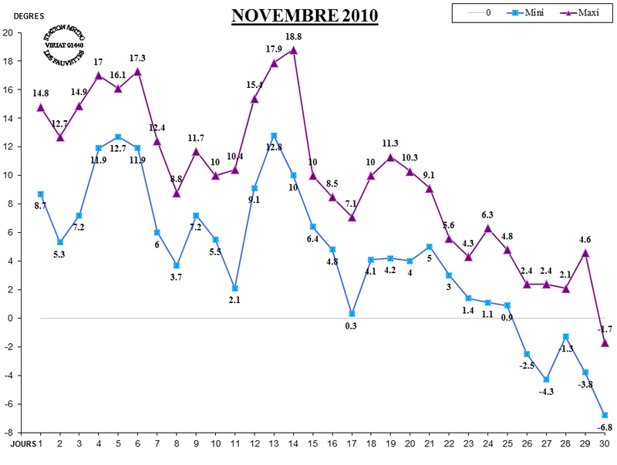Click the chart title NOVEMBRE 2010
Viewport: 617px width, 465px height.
pyautogui.click(x=305, y=16)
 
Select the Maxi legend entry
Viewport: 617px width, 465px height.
pyautogui.click(x=561, y=13)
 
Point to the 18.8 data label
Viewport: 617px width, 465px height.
pyautogui.click(x=293, y=37)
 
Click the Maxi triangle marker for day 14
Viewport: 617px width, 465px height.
pyautogui.click(x=293, y=50)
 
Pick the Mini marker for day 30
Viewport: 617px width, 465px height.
pyautogui.click(x=605, y=415)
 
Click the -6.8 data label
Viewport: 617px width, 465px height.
pyautogui.click(x=605, y=427)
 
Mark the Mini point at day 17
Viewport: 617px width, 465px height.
pyautogui.click(x=352, y=314)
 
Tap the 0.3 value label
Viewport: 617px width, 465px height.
pyautogui.click(x=352, y=326)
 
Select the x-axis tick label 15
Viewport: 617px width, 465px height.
pyautogui.click(x=312, y=445)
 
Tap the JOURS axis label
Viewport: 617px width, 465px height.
pyautogui.click(x=22, y=445)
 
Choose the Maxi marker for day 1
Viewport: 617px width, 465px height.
pyautogui.click(x=40, y=107)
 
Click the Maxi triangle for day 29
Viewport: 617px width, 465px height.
pyautogui.click(x=585, y=252)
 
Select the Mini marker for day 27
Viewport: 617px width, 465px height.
pyautogui.click(x=546, y=379)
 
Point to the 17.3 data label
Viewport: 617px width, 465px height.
pyautogui.click(x=137, y=58)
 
